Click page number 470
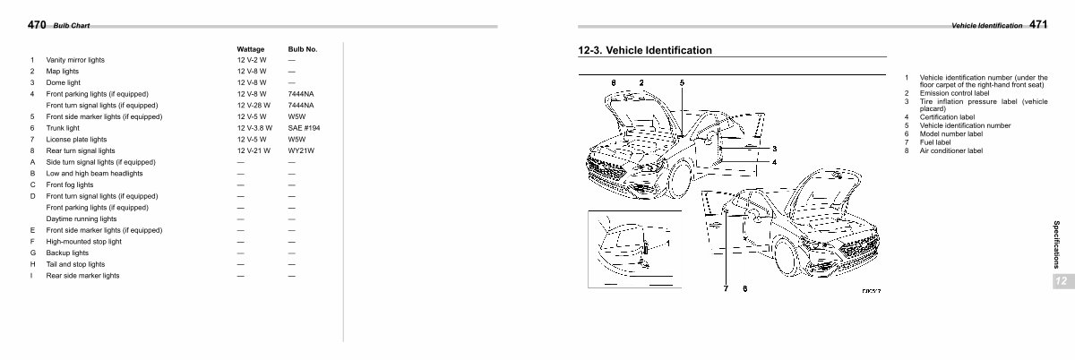coord(37,24)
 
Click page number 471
coord(1038,24)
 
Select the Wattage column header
coord(251,49)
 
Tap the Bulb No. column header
coord(303,49)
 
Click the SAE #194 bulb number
coord(304,128)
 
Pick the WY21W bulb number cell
coord(301,150)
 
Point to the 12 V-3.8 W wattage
coord(254,128)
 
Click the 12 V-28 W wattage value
coord(254,105)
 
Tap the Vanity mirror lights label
coord(75,60)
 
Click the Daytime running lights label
coord(82,219)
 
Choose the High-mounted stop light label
coord(83,242)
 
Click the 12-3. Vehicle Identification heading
coord(644,50)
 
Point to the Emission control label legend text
coord(955,93)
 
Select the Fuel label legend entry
coord(935,142)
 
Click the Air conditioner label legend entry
coord(951,150)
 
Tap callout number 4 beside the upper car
coord(774,162)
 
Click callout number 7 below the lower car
coord(726,288)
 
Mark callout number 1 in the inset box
coord(667,244)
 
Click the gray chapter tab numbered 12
coord(1062,281)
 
